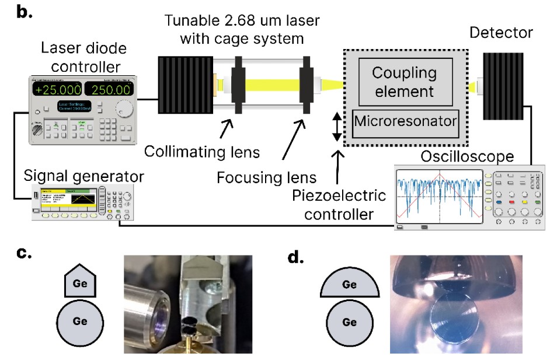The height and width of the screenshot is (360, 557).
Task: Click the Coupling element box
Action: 403,82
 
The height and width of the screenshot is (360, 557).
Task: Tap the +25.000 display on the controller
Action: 57,90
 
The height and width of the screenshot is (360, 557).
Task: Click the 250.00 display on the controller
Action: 109,90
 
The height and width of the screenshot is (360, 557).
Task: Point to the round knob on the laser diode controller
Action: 124,109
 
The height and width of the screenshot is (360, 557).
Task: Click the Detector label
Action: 501,32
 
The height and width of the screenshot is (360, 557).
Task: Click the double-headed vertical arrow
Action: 337,128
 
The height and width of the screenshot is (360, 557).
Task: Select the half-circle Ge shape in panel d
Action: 349,286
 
